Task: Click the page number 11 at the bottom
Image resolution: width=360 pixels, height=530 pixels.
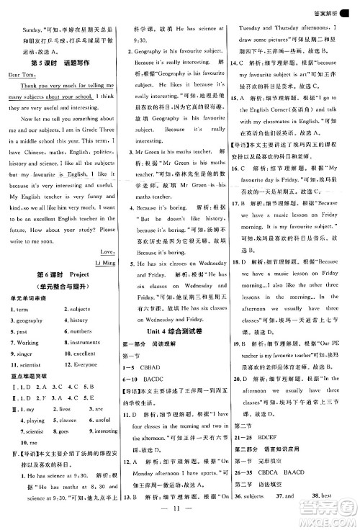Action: (181, 516)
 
